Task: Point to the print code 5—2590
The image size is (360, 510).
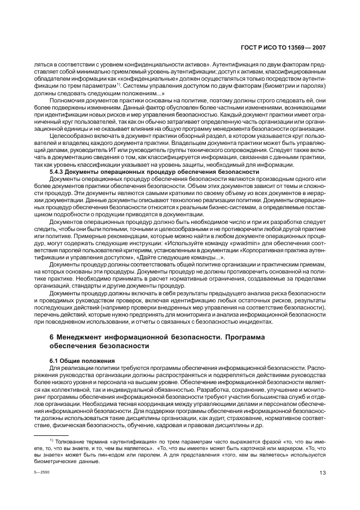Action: [40, 474]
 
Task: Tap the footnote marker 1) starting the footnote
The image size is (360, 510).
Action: [51, 440]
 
